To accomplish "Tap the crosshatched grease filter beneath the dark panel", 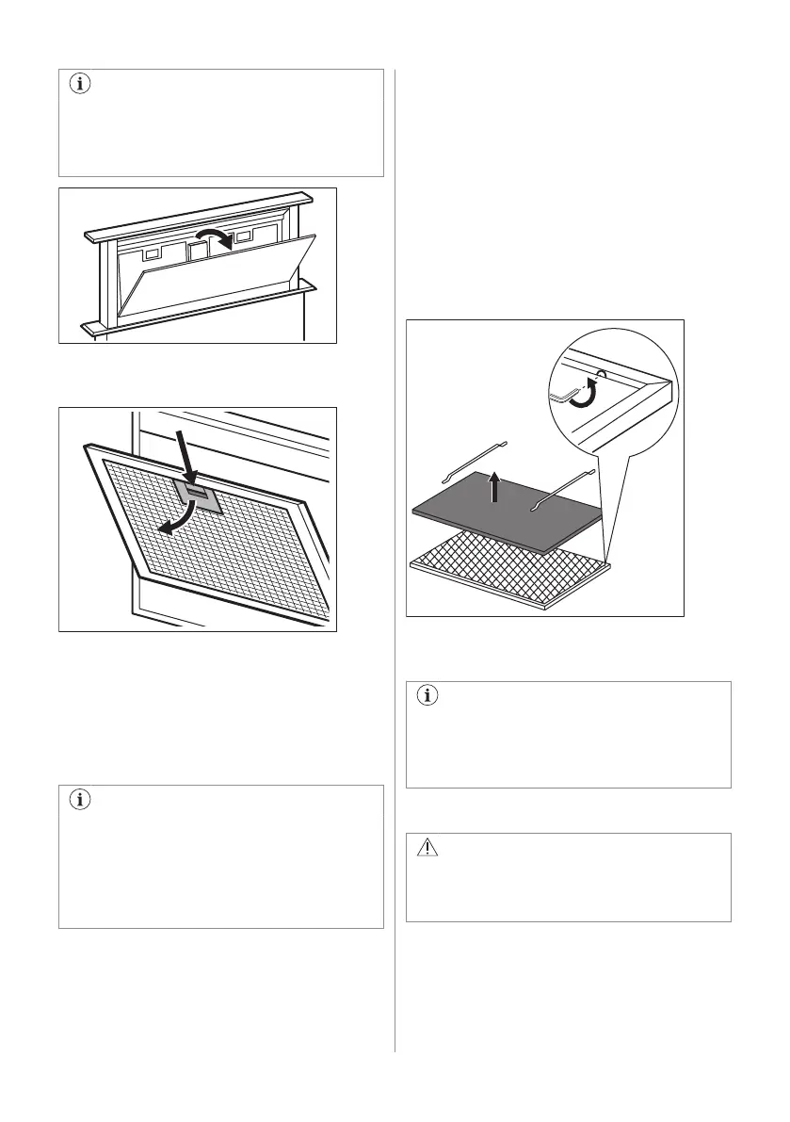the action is (x=508, y=566).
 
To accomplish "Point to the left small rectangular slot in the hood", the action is (x=151, y=254).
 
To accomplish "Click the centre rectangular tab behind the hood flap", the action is (x=198, y=250).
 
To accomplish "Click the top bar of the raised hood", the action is (x=198, y=214).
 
